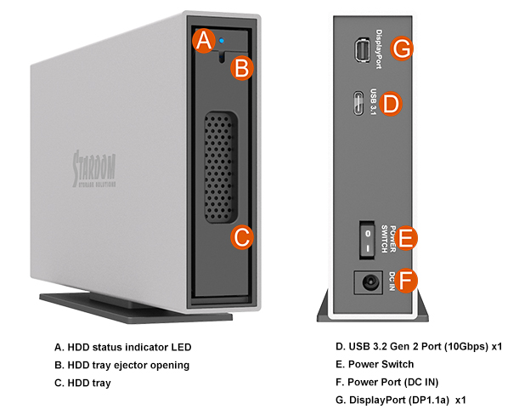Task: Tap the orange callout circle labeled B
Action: [x=242, y=68]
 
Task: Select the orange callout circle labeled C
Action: [x=242, y=237]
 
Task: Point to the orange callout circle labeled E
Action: [x=409, y=237]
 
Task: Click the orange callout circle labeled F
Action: [x=409, y=280]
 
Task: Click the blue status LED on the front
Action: [x=222, y=39]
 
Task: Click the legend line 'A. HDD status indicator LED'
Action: [x=123, y=347]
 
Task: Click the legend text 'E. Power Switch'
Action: [x=377, y=364]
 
